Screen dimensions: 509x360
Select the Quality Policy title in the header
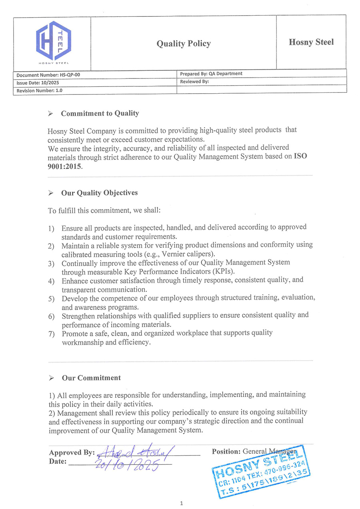tap(184, 44)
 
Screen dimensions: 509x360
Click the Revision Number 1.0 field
tap(40, 90)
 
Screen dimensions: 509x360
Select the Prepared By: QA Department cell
tap(211, 74)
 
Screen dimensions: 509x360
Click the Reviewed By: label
tap(194, 82)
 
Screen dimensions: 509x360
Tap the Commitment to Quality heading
tap(100, 113)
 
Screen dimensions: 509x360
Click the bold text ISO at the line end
tap(300, 156)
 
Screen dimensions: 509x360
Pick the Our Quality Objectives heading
tap(99, 192)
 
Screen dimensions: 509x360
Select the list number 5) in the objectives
tap(52, 299)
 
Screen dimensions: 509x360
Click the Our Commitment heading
tap(91, 378)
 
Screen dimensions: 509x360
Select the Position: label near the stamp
tap(226, 451)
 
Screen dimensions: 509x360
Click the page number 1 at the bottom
tap(181, 503)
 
